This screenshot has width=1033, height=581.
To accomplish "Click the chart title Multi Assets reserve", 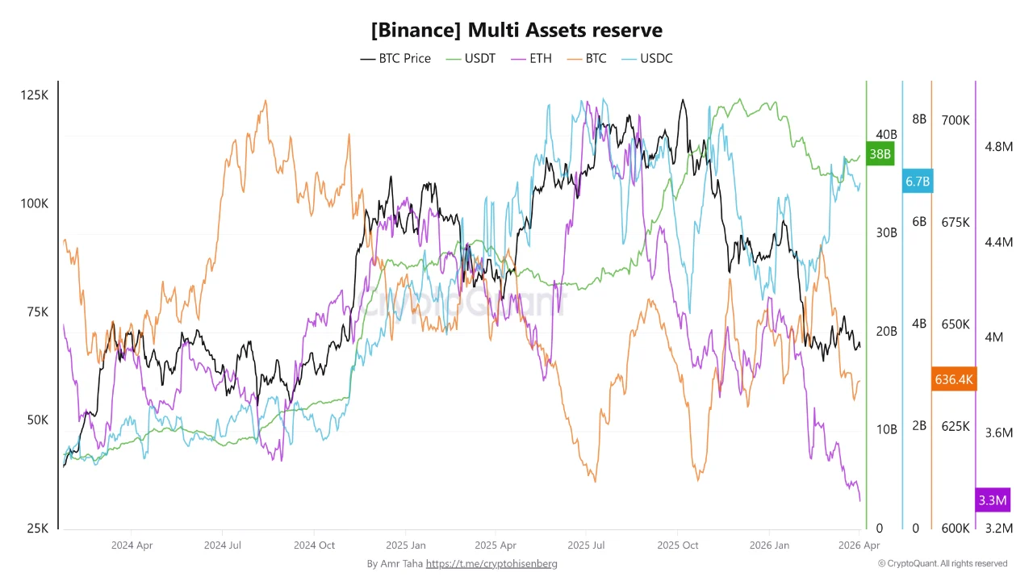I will (516, 30).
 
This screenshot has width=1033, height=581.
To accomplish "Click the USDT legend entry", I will (470, 58).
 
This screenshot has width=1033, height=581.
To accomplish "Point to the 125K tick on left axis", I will (34, 95).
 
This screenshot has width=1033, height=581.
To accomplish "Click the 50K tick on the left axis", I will (34, 420).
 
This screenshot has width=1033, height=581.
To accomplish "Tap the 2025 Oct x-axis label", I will (678, 545).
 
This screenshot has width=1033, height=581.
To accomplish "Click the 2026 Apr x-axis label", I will (859, 545).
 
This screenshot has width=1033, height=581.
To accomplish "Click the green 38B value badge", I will (880, 153).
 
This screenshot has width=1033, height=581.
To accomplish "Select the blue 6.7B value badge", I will (918, 182).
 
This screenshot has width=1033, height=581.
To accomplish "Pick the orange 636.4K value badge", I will (954, 379).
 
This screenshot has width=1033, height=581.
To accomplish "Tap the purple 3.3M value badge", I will (992, 500).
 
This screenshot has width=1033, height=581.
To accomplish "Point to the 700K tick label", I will (956, 120).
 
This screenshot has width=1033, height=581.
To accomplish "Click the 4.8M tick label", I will (998, 146).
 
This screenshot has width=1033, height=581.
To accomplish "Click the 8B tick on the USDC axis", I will (919, 119).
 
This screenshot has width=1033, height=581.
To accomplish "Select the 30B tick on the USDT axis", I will (886, 232).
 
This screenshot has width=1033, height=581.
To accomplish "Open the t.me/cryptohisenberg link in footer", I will (491, 563).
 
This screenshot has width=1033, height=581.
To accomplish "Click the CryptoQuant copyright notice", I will (943, 563).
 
